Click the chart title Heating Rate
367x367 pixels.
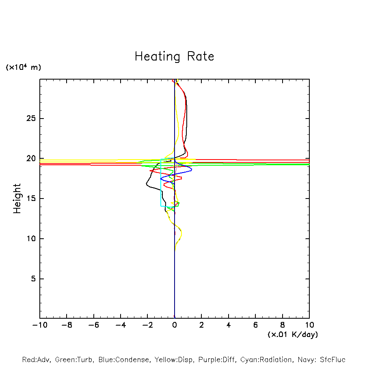(x=174, y=56)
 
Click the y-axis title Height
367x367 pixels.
(x=17, y=199)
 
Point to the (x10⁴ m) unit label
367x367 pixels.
(x=23, y=67)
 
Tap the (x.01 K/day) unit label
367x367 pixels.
(x=293, y=335)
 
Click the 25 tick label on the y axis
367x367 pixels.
(x=31, y=119)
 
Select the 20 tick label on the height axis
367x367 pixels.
(x=31, y=159)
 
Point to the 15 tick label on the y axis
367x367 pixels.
(x=31, y=199)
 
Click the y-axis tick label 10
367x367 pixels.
(x=31, y=239)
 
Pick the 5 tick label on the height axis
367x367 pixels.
(x=33, y=279)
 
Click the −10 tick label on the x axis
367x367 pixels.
(x=39, y=325)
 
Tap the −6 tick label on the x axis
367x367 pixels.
(x=93, y=325)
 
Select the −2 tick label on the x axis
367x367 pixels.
(x=147, y=325)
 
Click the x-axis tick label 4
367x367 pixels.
(x=229, y=325)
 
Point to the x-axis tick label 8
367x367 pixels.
(x=283, y=325)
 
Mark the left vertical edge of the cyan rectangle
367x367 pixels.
(x=161, y=183)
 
